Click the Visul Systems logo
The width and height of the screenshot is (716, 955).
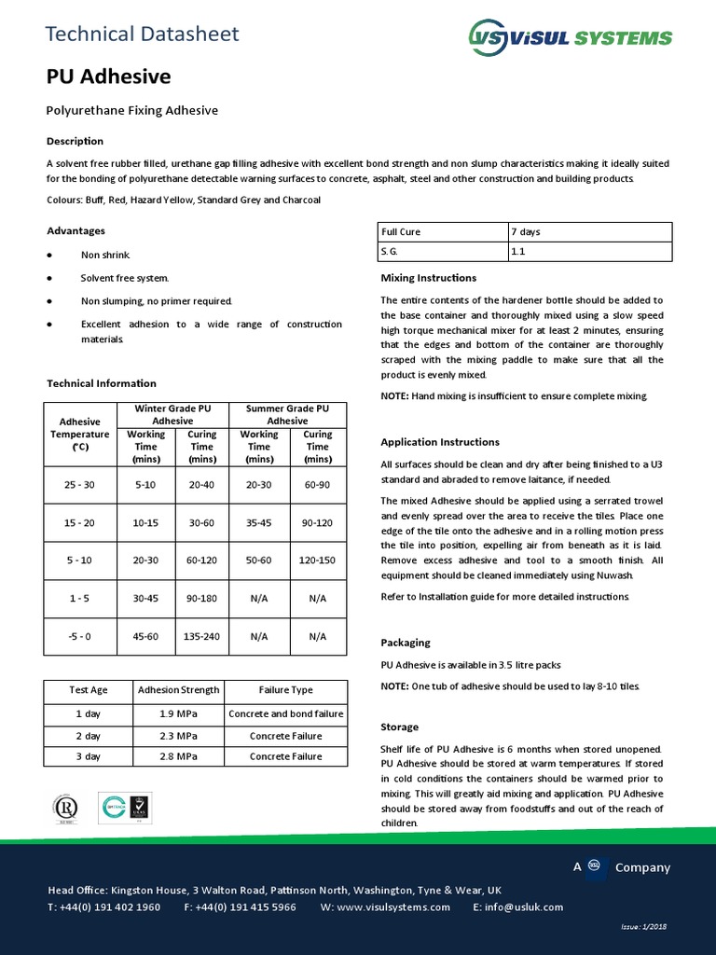click(x=569, y=37)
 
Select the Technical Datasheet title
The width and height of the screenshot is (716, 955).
click(x=143, y=35)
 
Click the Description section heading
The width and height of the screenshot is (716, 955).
click(x=76, y=142)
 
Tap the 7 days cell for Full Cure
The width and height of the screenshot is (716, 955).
click(x=525, y=231)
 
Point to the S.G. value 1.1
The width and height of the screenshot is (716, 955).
click(x=517, y=252)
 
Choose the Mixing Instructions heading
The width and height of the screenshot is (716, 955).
click(x=429, y=278)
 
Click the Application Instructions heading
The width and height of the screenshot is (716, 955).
click(x=440, y=442)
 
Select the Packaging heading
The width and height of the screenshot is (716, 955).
click(x=406, y=643)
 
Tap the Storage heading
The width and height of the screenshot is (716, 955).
click(x=400, y=727)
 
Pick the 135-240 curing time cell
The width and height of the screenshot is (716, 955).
click(x=202, y=636)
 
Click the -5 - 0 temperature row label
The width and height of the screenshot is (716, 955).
click(x=79, y=636)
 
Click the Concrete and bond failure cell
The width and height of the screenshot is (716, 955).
click(x=286, y=713)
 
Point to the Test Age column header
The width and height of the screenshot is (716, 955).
click(x=89, y=690)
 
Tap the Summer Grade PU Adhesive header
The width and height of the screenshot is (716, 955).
click(x=287, y=415)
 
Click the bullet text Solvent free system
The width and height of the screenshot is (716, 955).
click(x=125, y=278)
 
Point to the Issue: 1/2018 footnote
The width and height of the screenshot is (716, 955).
click(x=643, y=926)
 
